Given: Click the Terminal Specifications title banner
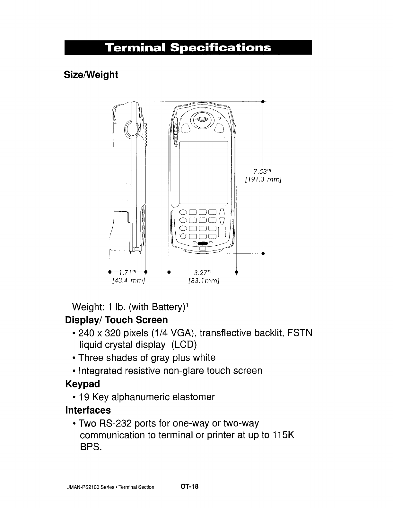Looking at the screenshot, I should (188, 48).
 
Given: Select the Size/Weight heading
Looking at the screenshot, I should (91, 75).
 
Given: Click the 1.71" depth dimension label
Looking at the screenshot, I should (128, 273).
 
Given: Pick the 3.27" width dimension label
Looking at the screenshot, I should (202, 273).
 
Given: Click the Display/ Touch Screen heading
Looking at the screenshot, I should (116, 320).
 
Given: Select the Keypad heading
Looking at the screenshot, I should (83, 384).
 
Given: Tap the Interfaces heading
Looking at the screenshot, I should (88, 410).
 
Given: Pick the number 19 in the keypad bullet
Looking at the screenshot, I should (84, 397).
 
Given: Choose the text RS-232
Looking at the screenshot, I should (112, 424).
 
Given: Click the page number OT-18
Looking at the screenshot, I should (190, 487).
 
